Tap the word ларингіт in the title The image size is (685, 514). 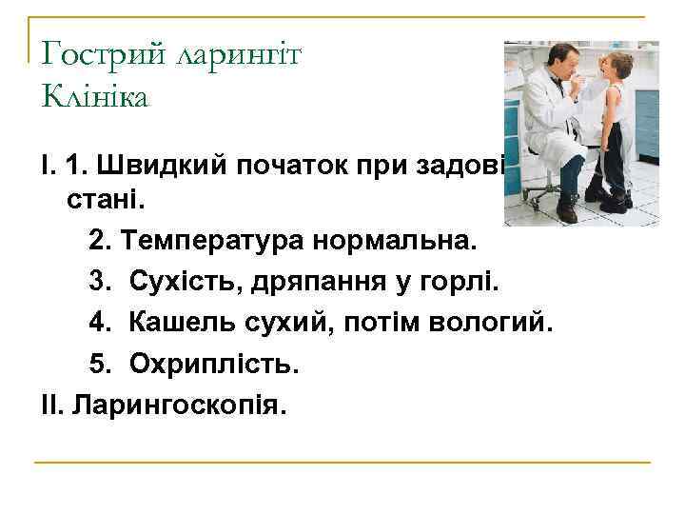[x=238, y=55]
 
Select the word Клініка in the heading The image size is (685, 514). [x=95, y=96]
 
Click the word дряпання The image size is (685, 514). [x=314, y=283]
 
